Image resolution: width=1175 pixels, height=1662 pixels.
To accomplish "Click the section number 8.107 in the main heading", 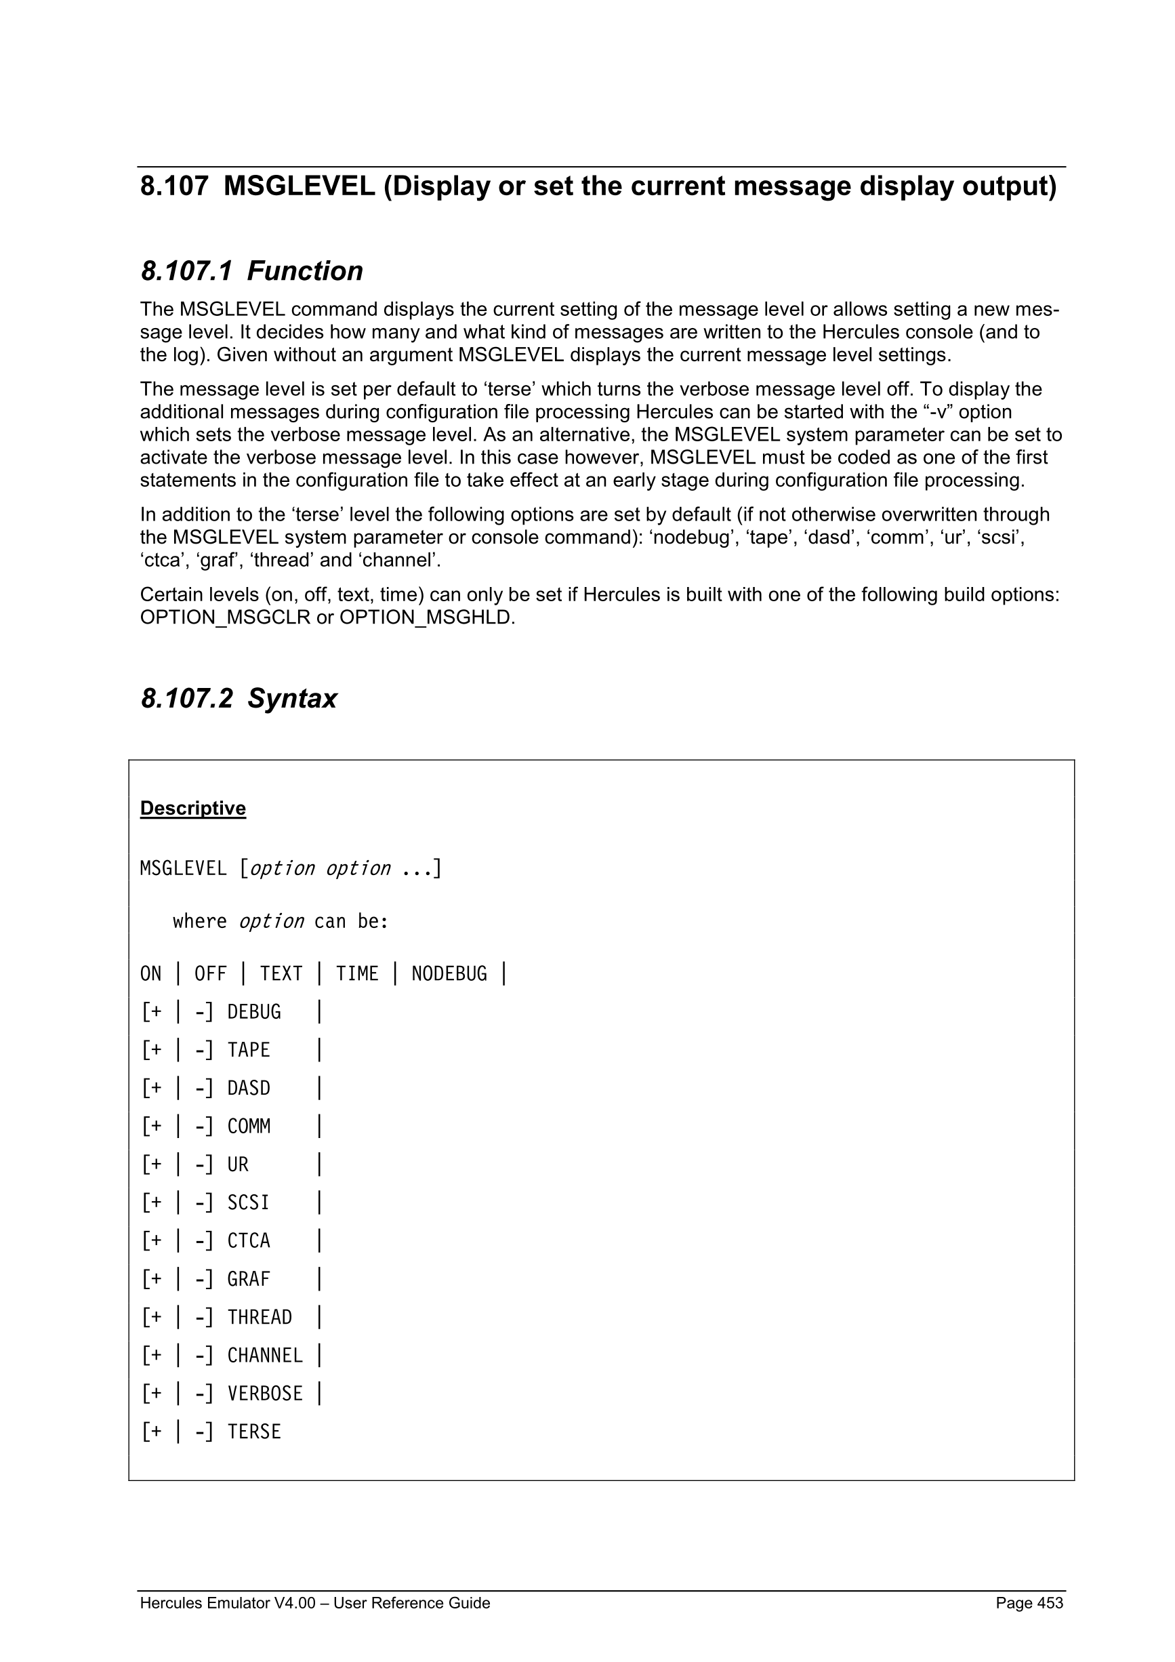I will pos(173,187).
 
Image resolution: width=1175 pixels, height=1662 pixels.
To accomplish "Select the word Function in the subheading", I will pos(305,271).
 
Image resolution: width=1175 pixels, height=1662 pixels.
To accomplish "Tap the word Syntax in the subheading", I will pos(291,699).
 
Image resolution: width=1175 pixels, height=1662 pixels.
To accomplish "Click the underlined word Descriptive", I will pos(192,808).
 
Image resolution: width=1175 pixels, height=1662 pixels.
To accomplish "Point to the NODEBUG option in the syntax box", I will pos(449,973).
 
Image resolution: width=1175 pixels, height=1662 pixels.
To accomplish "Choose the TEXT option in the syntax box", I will pos(281,973).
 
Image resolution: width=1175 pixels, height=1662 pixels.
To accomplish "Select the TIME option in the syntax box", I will pos(356,973).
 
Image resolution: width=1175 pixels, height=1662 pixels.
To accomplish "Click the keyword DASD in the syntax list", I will pos(248,1088).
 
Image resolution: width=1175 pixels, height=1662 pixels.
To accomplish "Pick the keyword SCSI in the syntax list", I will pos(248,1202).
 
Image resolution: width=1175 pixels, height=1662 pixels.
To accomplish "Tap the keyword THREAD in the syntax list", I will pos(259,1317).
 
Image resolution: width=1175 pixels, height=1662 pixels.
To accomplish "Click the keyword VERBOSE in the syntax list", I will pos(265,1394).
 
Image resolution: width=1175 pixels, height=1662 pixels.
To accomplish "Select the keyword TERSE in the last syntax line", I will pos(254,1432).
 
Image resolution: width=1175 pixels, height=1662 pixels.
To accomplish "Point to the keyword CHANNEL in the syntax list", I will pos(265,1355).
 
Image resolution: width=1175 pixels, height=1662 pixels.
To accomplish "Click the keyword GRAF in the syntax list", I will pos(248,1279).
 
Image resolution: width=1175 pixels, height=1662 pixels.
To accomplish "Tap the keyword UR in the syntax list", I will pos(237,1164).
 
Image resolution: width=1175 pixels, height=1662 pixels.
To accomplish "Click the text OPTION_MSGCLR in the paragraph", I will pos(225,618).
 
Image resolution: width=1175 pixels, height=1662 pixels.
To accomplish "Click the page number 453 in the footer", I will pos(1050,1602).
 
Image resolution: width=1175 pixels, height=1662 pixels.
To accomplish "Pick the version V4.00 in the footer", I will pos(295,1602).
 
